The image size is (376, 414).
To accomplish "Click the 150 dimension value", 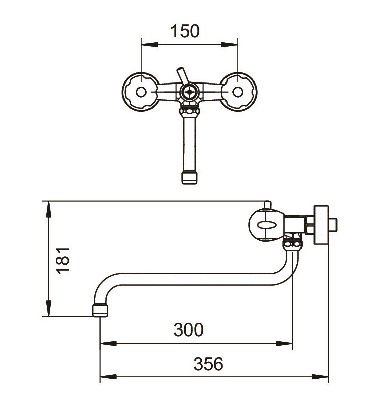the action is pyautogui.click(x=185, y=31).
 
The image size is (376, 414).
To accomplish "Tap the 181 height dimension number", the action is pyautogui.click(x=63, y=261).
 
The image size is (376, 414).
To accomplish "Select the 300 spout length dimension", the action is pyautogui.click(x=188, y=329).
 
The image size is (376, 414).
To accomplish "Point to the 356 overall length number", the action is pyautogui.click(x=208, y=364).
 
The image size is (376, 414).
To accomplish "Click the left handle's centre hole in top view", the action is pyautogui.click(x=141, y=92).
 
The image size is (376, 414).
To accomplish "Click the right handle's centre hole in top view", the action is pyautogui.click(x=238, y=92).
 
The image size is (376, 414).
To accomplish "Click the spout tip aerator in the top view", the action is pyautogui.click(x=189, y=178).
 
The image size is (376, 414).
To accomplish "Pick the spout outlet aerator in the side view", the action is pyautogui.click(x=100, y=310).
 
